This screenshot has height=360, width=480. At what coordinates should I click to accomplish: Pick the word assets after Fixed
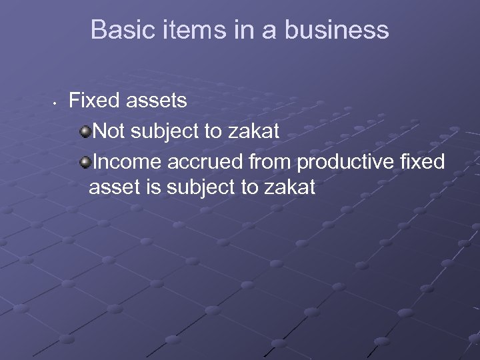tap(157, 101)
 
